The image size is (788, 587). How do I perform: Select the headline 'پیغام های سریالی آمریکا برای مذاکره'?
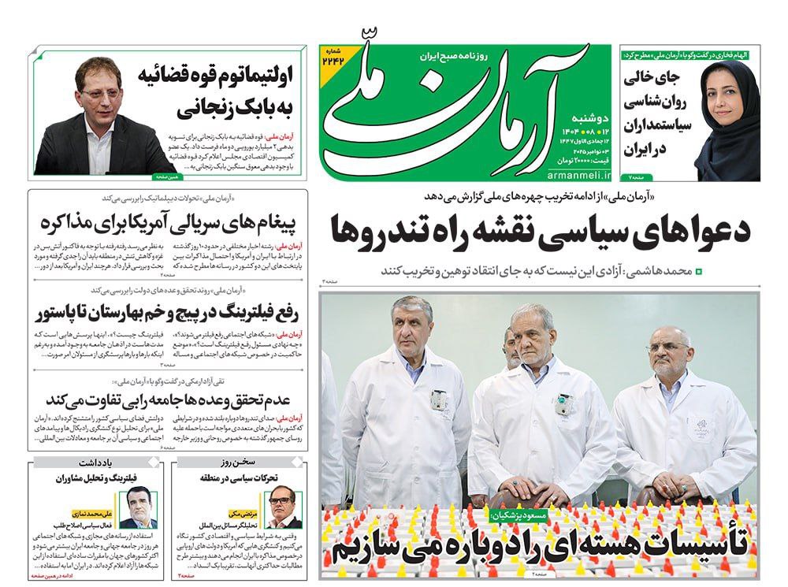coord(167,225)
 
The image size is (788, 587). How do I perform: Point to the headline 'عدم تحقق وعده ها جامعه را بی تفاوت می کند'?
coord(166,396)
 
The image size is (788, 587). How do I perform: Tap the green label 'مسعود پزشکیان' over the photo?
coord(520,515)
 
